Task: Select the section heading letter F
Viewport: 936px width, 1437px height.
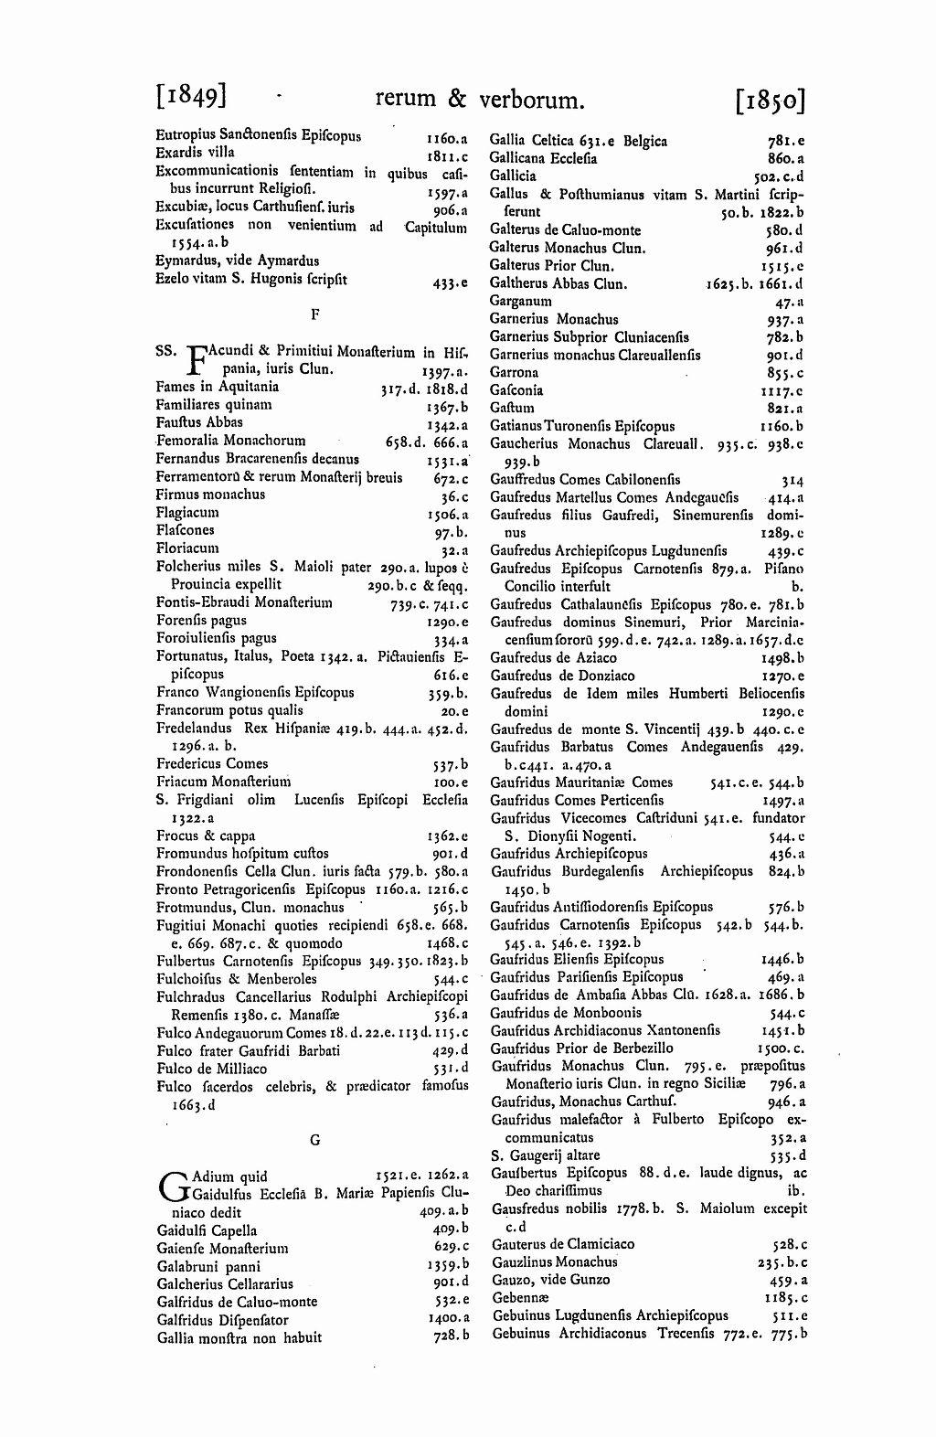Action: [x=313, y=314]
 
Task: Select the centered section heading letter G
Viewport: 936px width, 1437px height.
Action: [x=313, y=1140]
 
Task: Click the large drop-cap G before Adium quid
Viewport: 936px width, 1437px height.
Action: [x=171, y=1185]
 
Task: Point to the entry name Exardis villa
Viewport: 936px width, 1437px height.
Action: [x=195, y=153]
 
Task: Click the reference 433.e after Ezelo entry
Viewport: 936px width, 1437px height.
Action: [x=451, y=283]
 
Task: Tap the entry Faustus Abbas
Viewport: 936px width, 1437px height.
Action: [x=199, y=422]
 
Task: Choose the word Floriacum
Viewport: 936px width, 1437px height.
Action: [x=187, y=548]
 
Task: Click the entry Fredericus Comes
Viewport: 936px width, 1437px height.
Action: [x=212, y=763]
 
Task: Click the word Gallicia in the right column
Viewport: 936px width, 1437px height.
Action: [x=513, y=176]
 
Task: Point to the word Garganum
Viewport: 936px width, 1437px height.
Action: [x=520, y=301]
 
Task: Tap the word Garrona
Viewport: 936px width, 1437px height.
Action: [x=514, y=372]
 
